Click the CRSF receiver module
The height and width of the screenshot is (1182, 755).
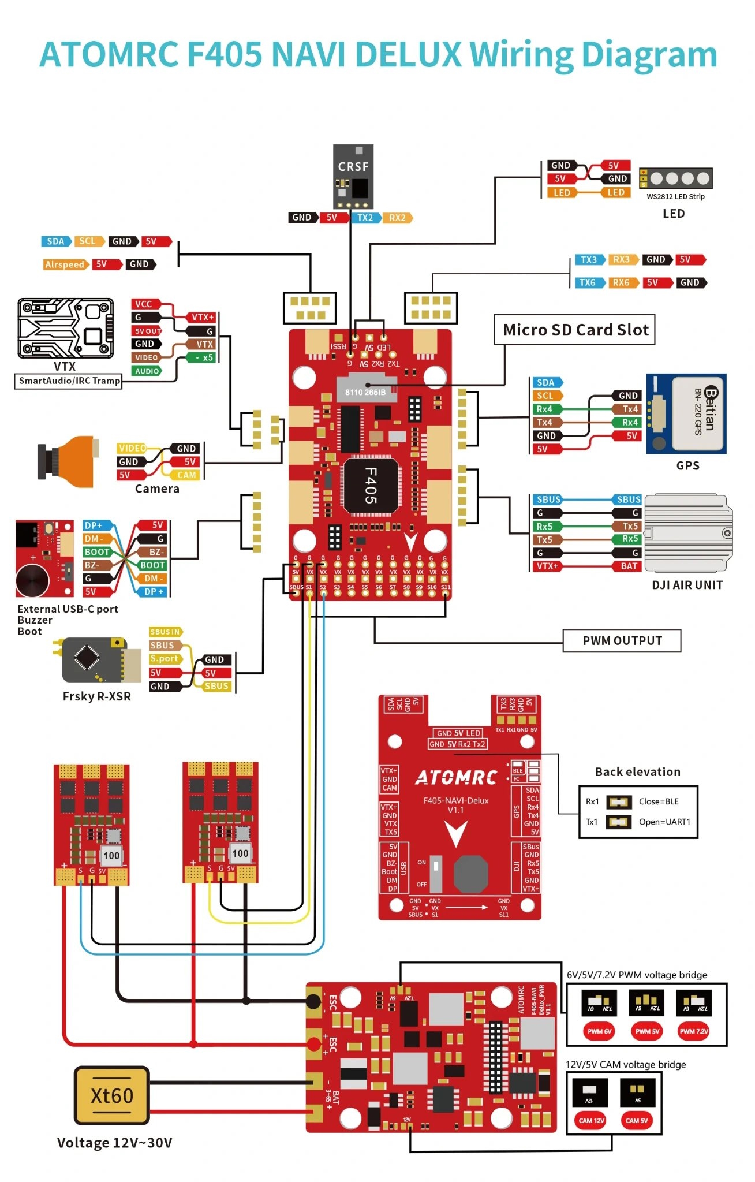pos(353,176)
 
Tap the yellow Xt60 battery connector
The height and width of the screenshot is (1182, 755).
pos(112,1095)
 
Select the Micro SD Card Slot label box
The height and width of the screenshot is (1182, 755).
pos(575,330)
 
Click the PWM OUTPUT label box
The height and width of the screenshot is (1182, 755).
pos(622,640)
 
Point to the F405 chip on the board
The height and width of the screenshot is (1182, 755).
pos(371,485)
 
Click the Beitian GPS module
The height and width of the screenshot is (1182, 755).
pos(686,413)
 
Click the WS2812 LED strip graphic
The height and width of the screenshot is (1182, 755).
pos(676,178)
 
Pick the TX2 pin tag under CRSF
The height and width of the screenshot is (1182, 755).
pos(365,218)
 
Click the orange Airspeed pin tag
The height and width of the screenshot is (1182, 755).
pos(65,264)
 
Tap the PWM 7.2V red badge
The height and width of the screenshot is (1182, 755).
pos(693,1031)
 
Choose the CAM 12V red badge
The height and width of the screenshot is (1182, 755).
pos(592,1120)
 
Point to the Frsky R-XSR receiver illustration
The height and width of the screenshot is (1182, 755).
pos(101,659)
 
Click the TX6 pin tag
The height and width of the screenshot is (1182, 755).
pos(588,282)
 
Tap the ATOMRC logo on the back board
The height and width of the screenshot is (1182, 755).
pos(456,778)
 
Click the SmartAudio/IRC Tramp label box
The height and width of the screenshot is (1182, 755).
pos(69,381)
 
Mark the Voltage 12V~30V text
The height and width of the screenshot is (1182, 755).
pos(114,1143)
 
